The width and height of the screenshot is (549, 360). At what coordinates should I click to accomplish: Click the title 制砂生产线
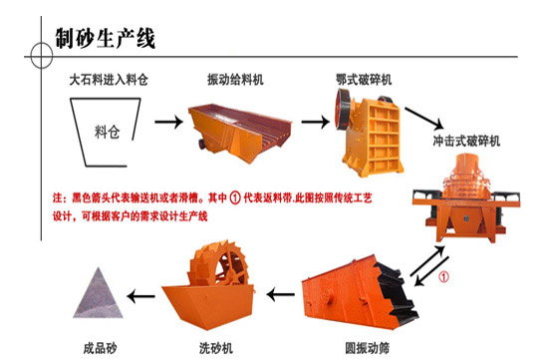click(105, 38)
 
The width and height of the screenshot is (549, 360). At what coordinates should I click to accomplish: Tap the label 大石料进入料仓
click(109, 80)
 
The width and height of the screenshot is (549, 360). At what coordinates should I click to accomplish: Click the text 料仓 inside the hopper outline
click(108, 133)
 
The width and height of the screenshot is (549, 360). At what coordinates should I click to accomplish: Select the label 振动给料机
click(235, 80)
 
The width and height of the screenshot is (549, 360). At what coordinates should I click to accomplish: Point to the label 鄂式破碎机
click(364, 80)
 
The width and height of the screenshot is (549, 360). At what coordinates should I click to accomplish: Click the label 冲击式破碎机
click(466, 141)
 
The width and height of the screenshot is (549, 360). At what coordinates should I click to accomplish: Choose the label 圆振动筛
click(367, 348)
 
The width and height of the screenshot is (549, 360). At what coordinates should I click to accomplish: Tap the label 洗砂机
click(216, 348)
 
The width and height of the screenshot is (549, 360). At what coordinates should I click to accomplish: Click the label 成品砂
click(100, 348)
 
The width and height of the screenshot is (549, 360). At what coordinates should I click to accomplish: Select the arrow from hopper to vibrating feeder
click(168, 122)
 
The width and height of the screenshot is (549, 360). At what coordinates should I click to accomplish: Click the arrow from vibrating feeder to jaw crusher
click(315, 122)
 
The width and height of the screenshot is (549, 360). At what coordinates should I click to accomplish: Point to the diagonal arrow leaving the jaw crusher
click(424, 119)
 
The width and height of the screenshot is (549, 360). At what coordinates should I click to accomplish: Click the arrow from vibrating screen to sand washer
click(280, 294)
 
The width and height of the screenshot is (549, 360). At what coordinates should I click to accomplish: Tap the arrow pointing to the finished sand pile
click(140, 296)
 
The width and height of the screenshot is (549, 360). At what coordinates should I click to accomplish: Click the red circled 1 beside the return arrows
click(443, 277)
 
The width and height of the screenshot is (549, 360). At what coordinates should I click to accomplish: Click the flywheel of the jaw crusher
click(342, 109)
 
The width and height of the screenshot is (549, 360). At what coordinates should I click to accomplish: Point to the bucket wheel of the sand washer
click(219, 264)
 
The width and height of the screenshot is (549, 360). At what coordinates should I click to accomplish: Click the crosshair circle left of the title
click(41, 56)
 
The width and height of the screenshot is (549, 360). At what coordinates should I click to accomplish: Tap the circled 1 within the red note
click(235, 198)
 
